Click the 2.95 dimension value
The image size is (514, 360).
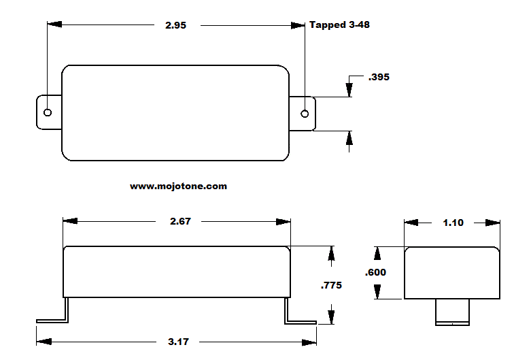tap(175, 25)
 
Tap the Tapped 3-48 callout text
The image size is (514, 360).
tap(339, 24)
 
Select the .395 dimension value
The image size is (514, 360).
tap(378, 78)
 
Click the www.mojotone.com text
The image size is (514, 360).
tap(178, 186)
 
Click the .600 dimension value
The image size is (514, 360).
tap(375, 272)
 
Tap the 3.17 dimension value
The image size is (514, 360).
tap(177, 342)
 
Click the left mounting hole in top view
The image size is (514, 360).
tap(48, 112)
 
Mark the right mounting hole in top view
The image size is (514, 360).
tap(305, 113)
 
